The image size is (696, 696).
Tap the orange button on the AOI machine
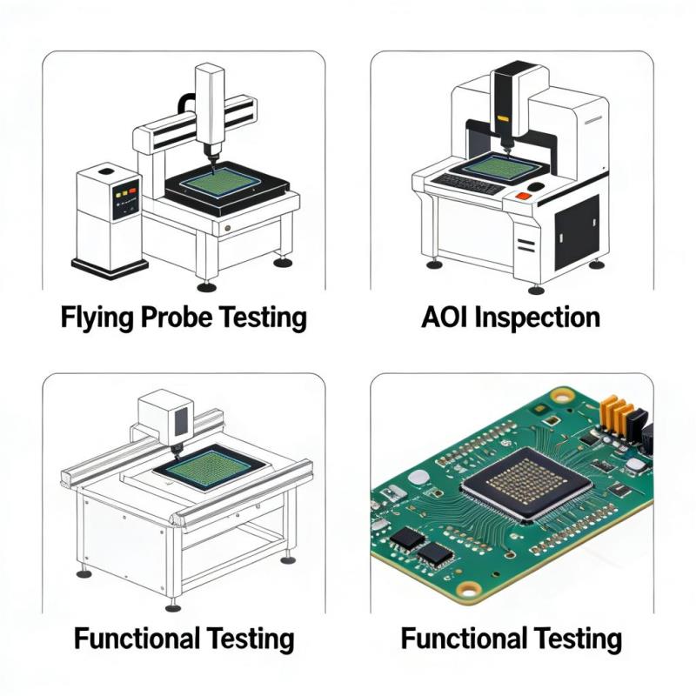(523, 196)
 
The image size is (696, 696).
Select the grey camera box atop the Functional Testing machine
(165, 416)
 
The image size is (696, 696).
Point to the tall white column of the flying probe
(210, 109)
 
